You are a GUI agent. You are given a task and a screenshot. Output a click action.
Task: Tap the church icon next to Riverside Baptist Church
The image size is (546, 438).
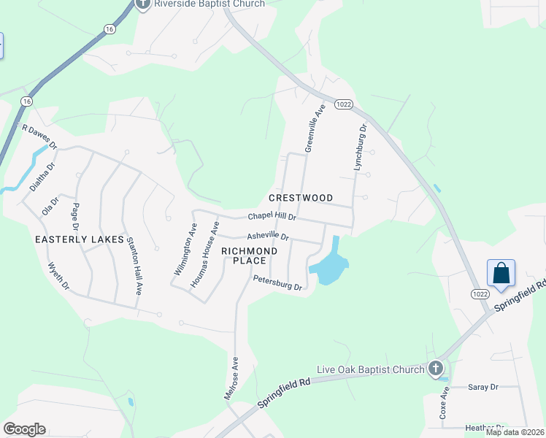(x=142, y=3)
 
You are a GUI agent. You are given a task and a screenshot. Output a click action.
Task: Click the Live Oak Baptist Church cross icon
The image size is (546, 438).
(x=436, y=369)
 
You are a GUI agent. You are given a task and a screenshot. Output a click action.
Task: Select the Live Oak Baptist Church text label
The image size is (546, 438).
(x=371, y=369)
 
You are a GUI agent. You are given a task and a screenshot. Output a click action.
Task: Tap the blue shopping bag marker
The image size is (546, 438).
(x=501, y=274)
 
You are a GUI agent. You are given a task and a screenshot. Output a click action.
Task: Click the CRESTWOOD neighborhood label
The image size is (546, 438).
(x=301, y=198)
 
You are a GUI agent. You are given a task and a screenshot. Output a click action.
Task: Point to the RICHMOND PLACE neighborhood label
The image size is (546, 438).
(x=249, y=255)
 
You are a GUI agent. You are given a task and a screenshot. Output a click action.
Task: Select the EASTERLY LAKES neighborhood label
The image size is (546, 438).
(x=71, y=239)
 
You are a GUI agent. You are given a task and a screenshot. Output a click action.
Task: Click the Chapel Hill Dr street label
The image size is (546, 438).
(x=272, y=217)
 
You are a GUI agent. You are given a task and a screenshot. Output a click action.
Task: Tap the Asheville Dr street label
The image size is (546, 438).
(x=268, y=237)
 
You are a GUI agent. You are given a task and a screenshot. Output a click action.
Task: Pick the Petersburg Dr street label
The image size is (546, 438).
(x=277, y=282)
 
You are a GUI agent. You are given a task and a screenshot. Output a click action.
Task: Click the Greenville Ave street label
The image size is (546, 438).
(x=315, y=128)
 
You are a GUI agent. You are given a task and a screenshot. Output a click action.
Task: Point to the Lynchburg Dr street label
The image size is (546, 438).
(x=359, y=147)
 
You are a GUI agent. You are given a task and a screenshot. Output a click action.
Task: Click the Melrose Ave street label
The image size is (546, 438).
(x=231, y=377)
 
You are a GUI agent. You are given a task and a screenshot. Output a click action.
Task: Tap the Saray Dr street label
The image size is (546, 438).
(x=482, y=387)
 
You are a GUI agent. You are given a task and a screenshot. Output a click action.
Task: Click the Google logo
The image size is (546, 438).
(x=24, y=429)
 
